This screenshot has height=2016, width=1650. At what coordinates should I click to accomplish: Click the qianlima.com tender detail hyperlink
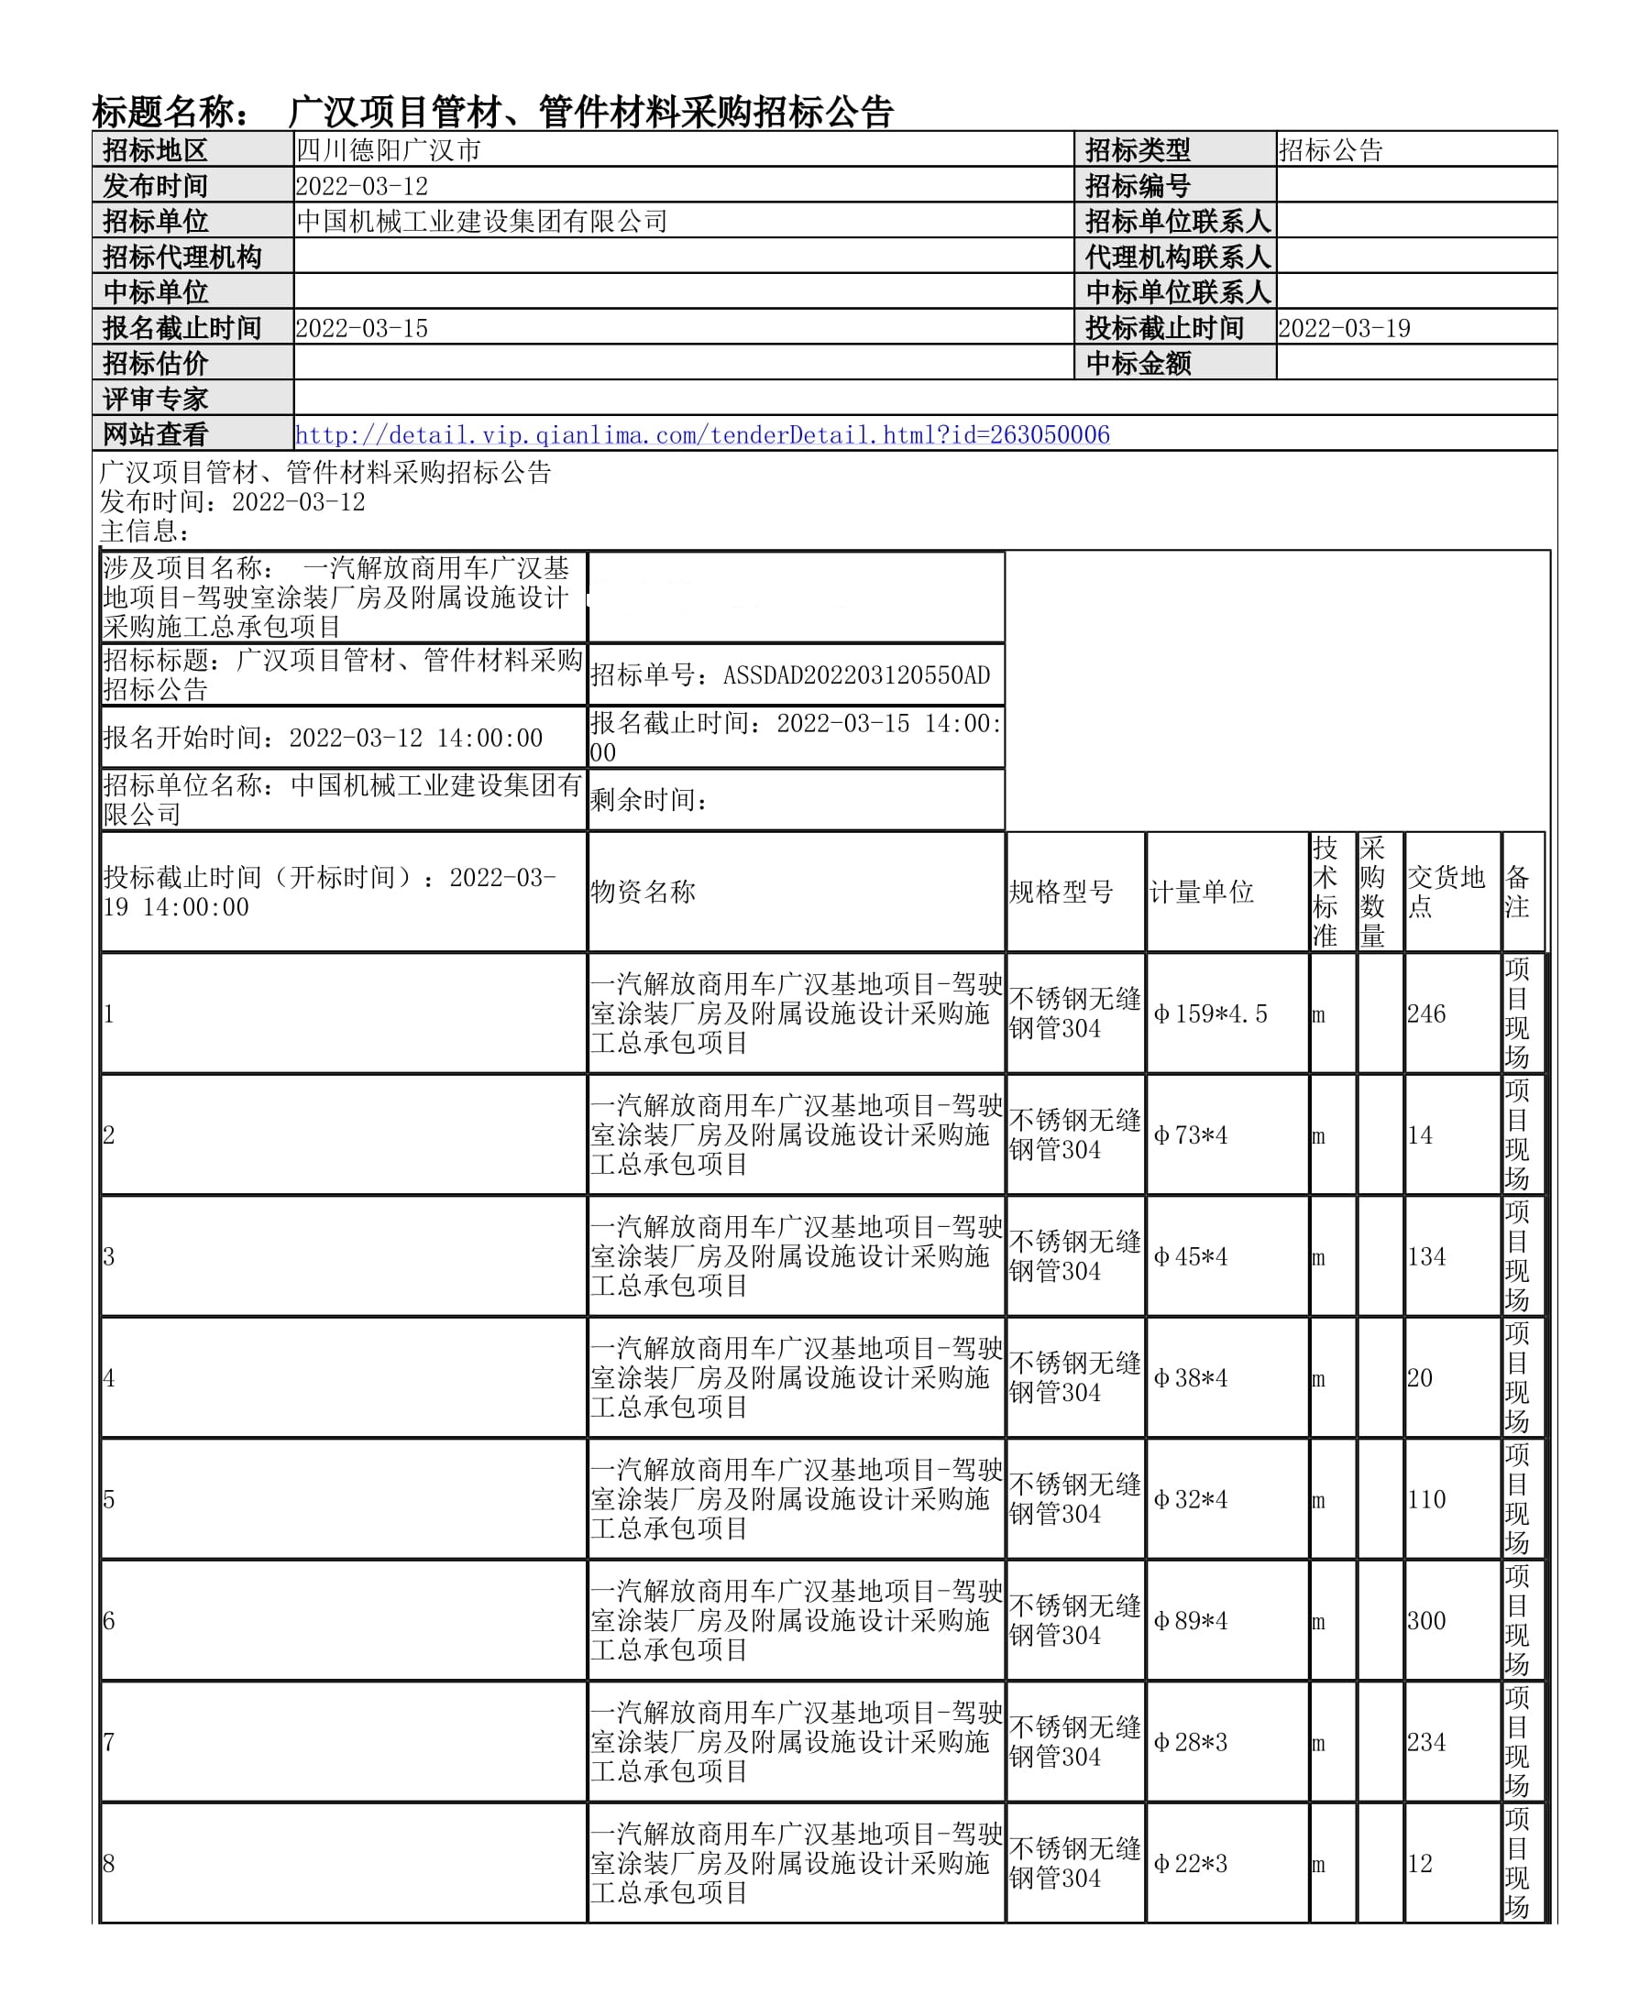pos(701,435)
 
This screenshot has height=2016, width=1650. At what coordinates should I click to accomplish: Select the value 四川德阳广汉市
pos(389,150)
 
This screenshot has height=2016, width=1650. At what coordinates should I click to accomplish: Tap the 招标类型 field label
pos(1137,150)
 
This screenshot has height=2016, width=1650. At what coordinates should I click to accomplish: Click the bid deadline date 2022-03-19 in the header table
pos(1343,329)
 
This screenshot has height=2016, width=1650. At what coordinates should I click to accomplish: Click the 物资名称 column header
pos(643,893)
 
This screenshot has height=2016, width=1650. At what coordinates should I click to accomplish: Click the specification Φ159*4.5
pos(1210,1013)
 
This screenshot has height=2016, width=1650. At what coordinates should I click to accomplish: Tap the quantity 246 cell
pos(1425,1013)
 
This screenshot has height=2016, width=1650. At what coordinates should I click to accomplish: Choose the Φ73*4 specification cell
pos(1190,1135)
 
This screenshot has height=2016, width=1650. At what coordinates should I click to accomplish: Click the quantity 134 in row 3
pos(1425,1257)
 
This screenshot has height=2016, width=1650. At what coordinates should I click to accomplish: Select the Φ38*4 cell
pos(1190,1378)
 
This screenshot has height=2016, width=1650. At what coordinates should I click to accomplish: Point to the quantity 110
pos(1425,1500)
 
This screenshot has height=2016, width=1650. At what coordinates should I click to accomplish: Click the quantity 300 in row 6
pos(1425,1622)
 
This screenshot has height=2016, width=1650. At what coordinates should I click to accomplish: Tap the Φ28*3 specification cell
pos(1190,1743)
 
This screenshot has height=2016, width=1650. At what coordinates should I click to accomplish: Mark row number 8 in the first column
pos(109,1864)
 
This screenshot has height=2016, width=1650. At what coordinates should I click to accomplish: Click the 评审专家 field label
pos(155,399)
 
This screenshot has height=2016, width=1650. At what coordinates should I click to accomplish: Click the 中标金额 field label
pos(1138,364)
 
